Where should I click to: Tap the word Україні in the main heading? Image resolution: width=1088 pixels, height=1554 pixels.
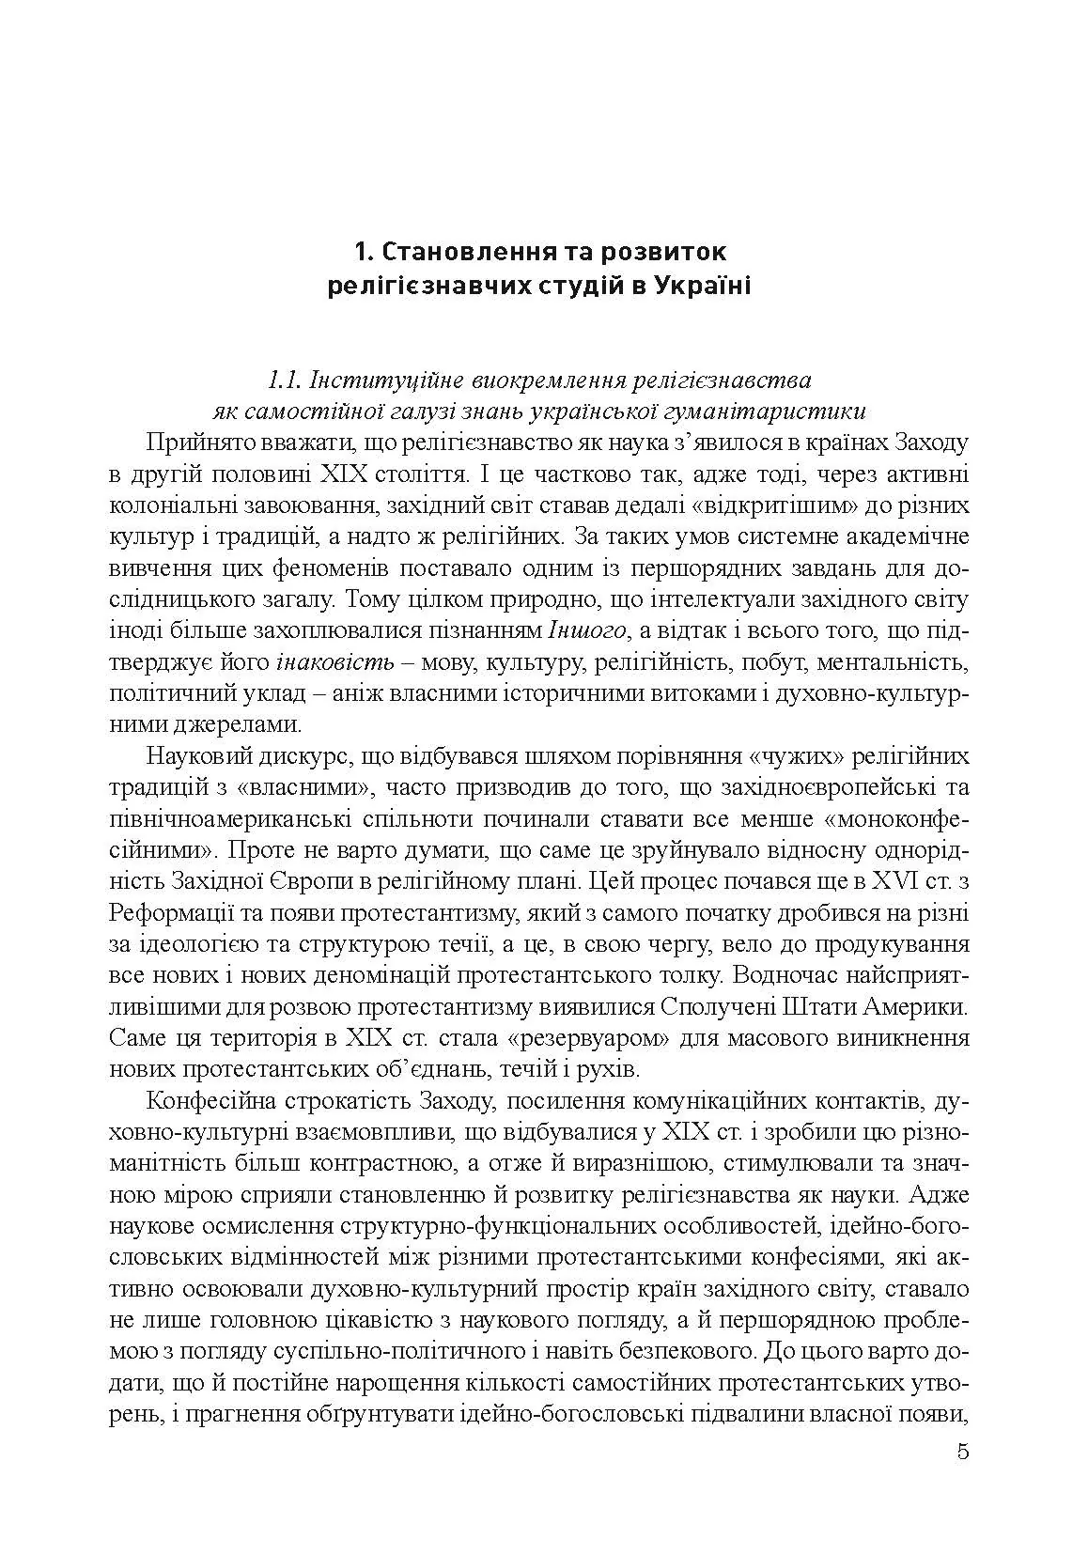click(x=694, y=286)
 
